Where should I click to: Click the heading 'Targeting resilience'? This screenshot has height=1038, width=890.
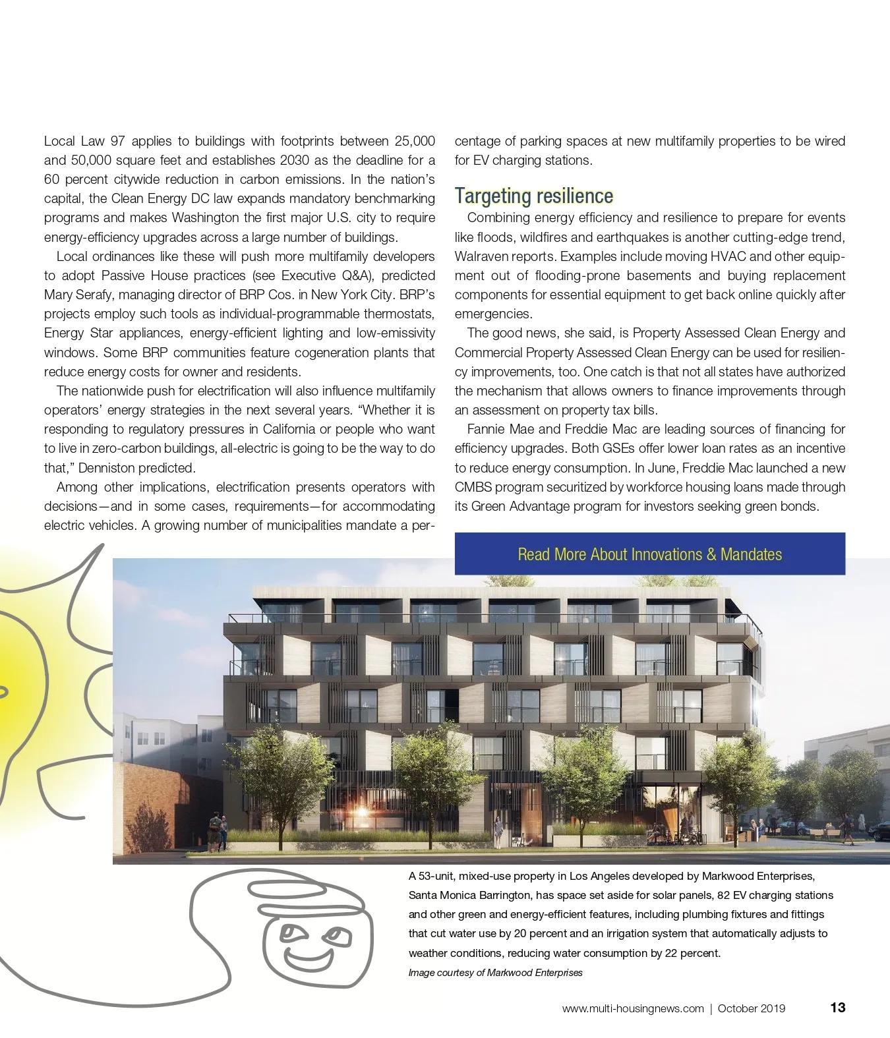tap(533, 196)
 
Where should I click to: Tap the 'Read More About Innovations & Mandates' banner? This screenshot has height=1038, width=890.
tap(649, 554)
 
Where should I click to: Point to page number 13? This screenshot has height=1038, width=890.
tap(837, 1008)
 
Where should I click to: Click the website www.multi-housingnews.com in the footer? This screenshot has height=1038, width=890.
tap(632, 1008)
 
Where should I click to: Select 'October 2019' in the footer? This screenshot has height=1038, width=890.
tap(751, 1008)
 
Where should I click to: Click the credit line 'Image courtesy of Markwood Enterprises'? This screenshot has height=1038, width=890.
tap(495, 973)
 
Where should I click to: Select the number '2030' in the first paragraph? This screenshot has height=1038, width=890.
tap(296, 160)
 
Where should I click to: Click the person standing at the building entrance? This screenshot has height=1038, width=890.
tap(499, 830)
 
